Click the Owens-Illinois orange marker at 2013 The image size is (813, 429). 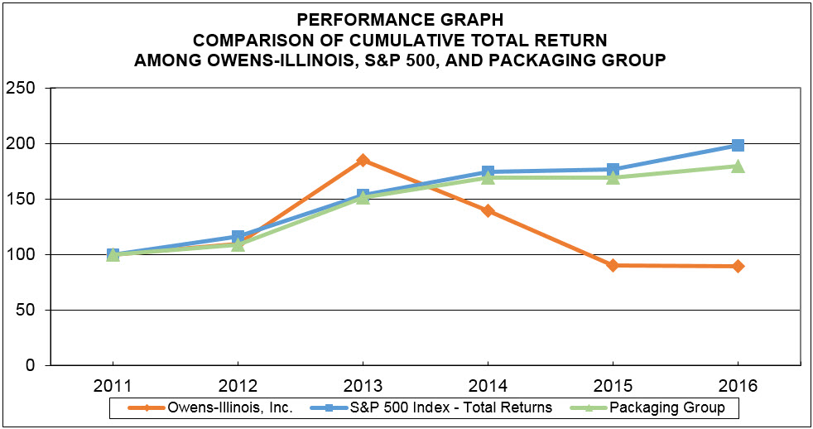(x=363, y=160)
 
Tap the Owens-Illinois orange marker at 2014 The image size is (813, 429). (x=488, y=210)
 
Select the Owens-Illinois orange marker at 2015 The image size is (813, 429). (x=613, y=265)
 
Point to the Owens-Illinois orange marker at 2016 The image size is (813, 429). (x=738, y=266)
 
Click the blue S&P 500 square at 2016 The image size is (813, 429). (x=738, y=146)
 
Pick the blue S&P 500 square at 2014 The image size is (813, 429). (x=488, y=172)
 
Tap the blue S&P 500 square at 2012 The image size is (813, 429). (x=238, y=237)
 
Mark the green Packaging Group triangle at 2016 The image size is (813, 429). (x=738, y=166)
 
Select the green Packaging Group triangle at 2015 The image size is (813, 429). (x=613, y=176)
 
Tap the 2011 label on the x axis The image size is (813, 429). (x=113, y=386)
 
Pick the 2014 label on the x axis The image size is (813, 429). (x=488, y=386)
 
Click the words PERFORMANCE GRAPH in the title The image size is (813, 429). (x=406, y=17)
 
